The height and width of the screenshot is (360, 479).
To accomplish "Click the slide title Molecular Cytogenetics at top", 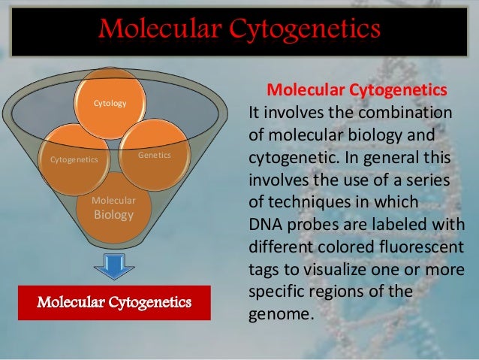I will [x=239, y=29].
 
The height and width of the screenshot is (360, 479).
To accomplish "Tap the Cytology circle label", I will [x=110, y=102].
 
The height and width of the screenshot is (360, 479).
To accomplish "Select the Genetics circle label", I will [x=155, y=154].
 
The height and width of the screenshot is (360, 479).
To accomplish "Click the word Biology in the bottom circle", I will [x=113, y=215].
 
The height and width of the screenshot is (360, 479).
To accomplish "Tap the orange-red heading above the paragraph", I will [x=357, y=91].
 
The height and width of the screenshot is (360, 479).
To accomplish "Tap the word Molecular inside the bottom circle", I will [x=113, y=201].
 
